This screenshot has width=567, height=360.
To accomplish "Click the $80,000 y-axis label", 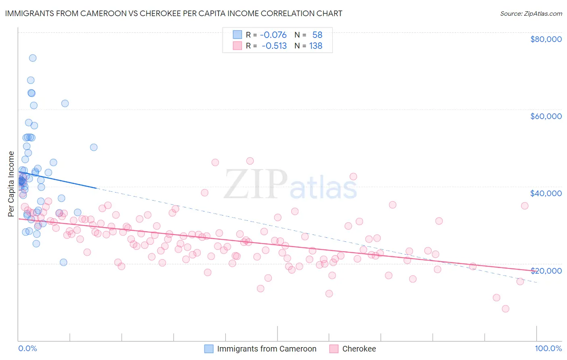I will (546, 39).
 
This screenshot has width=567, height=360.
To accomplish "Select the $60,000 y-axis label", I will (546, 116).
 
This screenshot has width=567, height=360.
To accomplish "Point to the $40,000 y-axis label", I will (546, 193).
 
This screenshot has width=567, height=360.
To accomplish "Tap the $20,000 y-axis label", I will (546, 270).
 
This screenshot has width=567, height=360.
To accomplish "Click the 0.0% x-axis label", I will (27, 348).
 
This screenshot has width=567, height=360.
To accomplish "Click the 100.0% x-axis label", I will (548, 348).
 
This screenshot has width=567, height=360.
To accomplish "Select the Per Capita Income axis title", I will (11, 184).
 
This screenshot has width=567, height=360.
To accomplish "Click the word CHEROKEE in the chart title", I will (160, 13).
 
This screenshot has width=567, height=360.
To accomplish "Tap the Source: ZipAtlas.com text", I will (531, 14).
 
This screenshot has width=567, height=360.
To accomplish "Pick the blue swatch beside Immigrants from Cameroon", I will (209, 349).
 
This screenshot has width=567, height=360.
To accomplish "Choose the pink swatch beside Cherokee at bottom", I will (334, 349).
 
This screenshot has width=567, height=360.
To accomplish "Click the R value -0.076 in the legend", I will (273, 35).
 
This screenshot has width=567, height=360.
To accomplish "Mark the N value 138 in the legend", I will (316, 46).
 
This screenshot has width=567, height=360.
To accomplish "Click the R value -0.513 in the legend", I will (274, 46).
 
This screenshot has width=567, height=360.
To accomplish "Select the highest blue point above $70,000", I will (33, 58).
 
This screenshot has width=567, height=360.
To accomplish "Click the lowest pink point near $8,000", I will (505, 309).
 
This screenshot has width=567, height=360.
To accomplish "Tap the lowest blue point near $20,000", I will (63, 262).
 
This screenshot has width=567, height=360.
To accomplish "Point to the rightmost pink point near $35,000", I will (525, 206).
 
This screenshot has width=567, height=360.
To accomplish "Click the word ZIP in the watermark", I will (255, 185).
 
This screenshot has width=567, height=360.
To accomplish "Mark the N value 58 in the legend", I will (317, 35).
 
